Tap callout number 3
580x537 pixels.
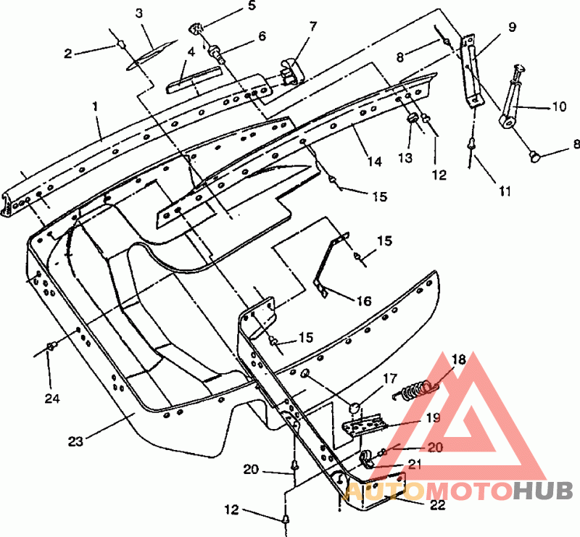(139, 13)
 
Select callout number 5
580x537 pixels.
(251, 7)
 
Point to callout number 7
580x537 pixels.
(312, 27)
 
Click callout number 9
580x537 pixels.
(512, 28)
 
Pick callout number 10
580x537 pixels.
(558, 107)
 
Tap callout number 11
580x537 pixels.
(505, 192)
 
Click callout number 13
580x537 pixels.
(404, 157)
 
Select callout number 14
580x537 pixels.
(373, 162)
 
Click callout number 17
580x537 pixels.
(390, 378)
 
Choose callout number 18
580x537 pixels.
(458, 359)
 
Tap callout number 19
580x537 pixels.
(433, 417)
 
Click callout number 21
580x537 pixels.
(414, 465)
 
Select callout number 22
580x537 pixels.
(436, 505)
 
